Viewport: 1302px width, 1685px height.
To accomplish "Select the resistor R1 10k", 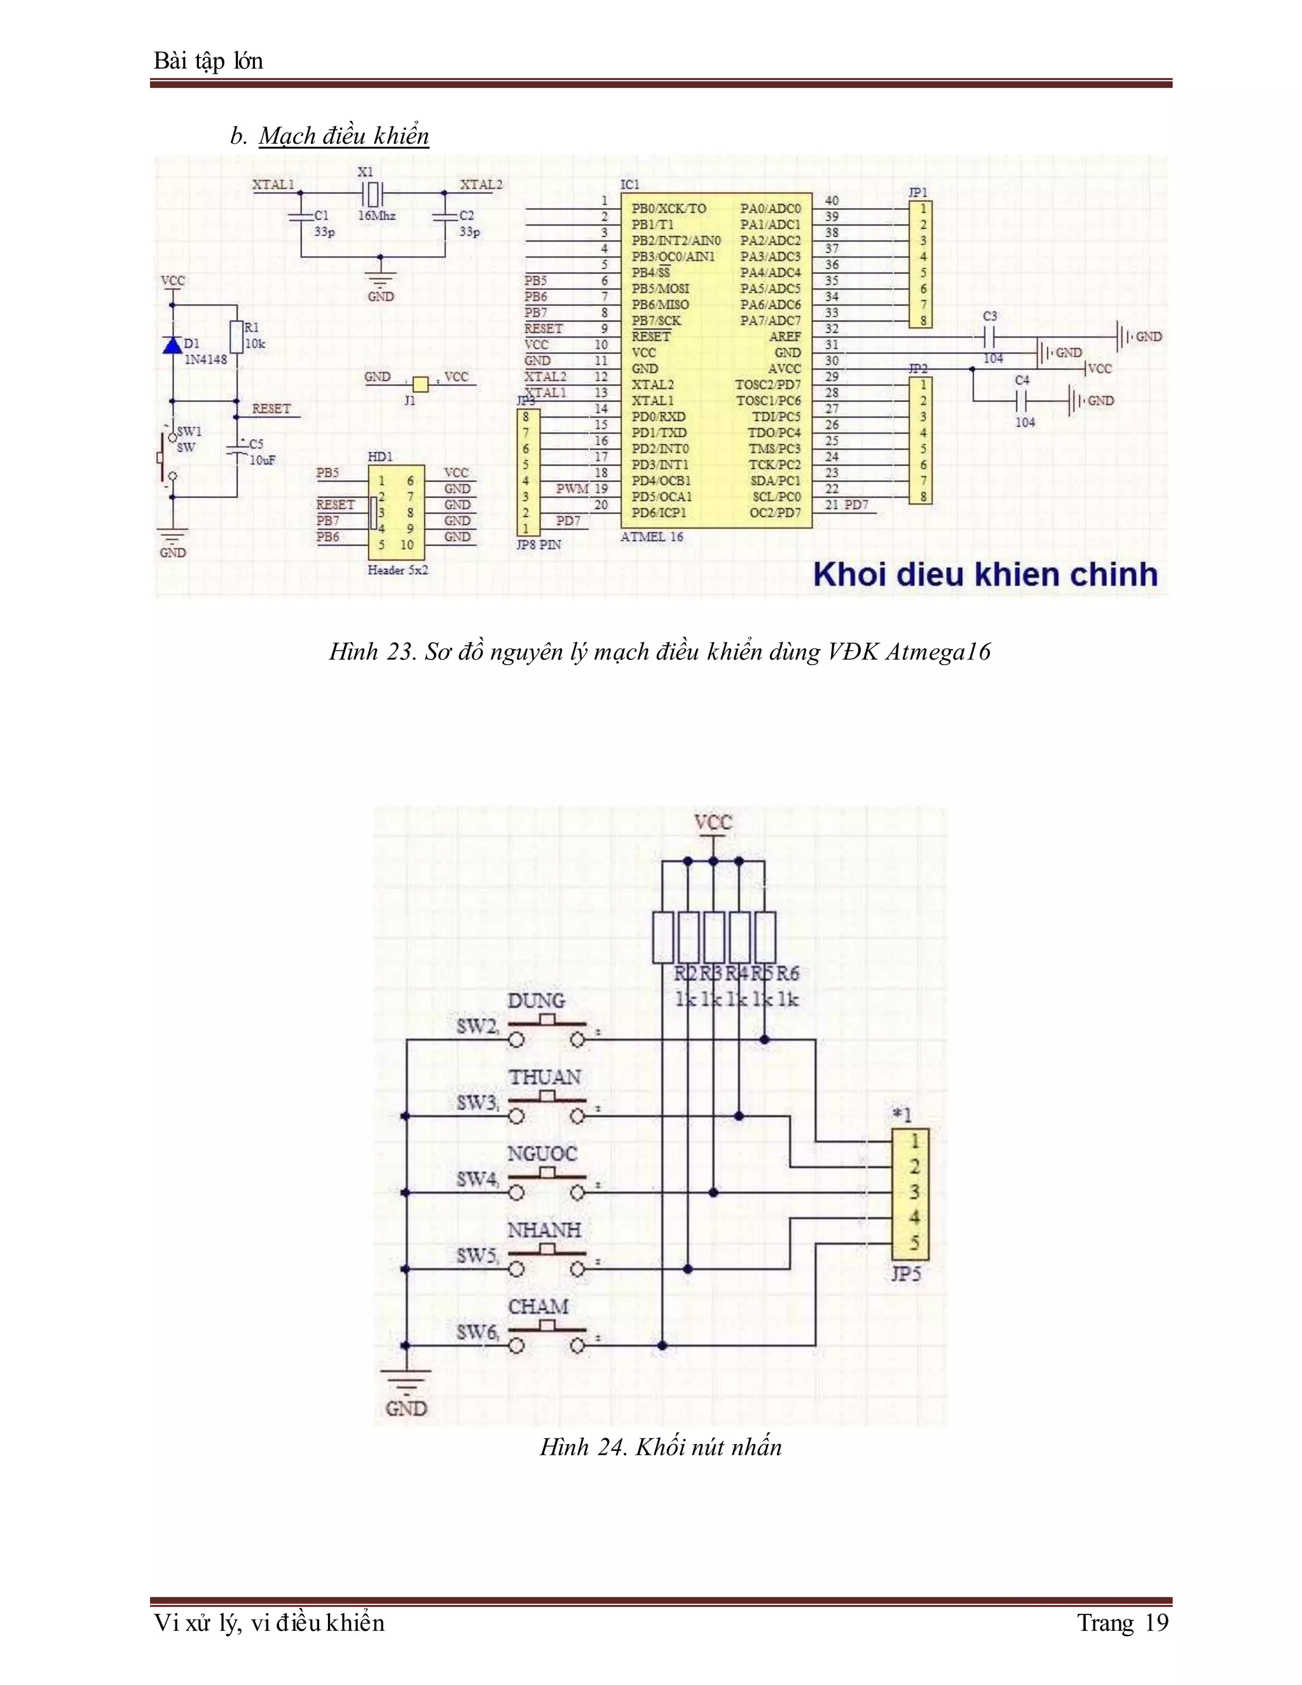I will [x=236, y=336].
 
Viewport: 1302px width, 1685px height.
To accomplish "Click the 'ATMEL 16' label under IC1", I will [x=652, y=537].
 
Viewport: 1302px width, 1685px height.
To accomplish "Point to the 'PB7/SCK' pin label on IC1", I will [x=655, y=321].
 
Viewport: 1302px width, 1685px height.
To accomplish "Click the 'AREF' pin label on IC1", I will [x=785, y=336].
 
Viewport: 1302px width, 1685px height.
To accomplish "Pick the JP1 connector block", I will [x=920, y=265].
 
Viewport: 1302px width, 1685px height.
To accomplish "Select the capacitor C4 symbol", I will [x=1023, y=401].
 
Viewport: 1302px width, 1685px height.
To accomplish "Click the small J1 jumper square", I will [x=420, y=383].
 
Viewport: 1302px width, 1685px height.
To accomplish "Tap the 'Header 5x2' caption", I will [x=397, y=570].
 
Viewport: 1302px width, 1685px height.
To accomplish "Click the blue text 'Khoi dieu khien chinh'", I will [x=985, y=575].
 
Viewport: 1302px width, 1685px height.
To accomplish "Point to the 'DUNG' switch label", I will [x=536, y=1001].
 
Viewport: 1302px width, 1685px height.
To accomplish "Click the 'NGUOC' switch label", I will [x=542, y=1153].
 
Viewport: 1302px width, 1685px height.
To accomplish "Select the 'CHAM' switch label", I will [x=538, y=1306].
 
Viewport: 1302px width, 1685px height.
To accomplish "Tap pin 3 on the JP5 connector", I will [x=914, y=1192].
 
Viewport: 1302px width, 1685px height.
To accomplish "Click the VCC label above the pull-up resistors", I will [x=713, y=822].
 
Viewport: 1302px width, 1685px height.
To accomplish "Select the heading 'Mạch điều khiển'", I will [x=343, y=136].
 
